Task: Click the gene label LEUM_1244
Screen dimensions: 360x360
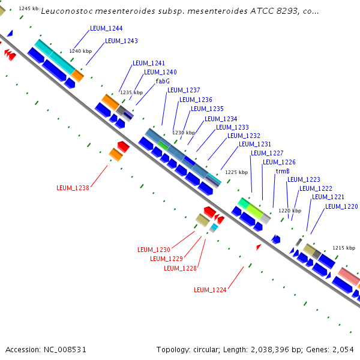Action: coord(106,29)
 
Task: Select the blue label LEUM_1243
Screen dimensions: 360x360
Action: coord(121,41)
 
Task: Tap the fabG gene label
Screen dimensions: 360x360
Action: coord(163,81)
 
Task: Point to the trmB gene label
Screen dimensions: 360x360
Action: coord(283,171)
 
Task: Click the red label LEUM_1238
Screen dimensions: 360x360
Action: coord(73,188)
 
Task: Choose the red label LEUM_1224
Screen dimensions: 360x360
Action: coord(210,290)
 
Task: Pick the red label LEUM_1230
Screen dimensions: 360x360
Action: coord(154,250)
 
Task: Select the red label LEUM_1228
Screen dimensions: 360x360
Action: coord(180,268)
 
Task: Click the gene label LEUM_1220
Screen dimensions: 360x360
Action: coord(341,206)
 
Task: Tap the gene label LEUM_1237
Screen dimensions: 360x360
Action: coord(184,90)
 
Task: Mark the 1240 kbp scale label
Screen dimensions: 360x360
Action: coord(80,52)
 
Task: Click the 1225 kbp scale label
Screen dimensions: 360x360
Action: coord(236,172)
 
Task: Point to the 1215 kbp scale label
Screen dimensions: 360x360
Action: coord(344,248)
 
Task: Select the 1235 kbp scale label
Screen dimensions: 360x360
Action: coord(131,93)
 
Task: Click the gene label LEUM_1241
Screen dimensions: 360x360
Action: coord(149,63)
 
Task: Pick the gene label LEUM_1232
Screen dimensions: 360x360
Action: coord(244,136)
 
